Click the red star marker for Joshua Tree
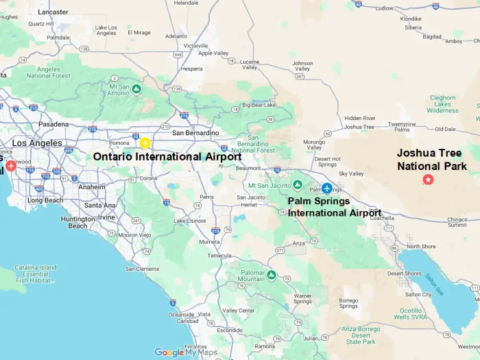pyautogui.click(x=429, y=180)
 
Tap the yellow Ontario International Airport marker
pyautogui.click(x=145, y=143)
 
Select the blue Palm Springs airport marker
pyautogui.click(x=327, y=188)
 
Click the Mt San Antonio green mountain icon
pyautogui.click(x=137, y=89)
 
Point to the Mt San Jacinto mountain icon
pyautogui.click(x=297, y=185)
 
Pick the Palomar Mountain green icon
pyautogui.click(x=271, y=275)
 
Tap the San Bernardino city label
pyautogui.click(x=195, y=132)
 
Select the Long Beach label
pyautogui.click(x=45, y=200)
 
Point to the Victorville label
pyautogui.click(x=176, y=45)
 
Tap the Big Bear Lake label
pyautogui.click(x=259, y=105)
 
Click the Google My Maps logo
pyautogui.click(x=186, y=352)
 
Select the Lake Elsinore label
pyautogui.click(x=189, y=220)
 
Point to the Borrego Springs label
pyautogui.click(x=348, y=302)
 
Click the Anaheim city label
pyautogui.click(x=92, y=187)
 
